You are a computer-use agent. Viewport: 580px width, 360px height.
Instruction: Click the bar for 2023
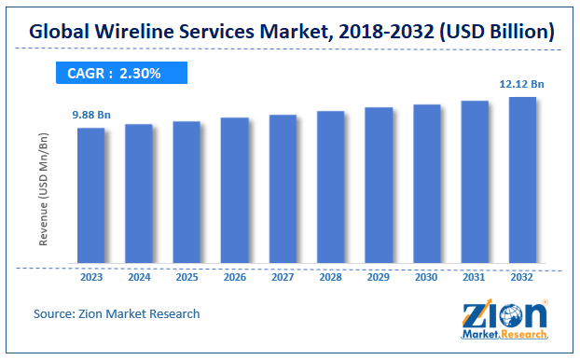pyautogui.click(x=90, y=196)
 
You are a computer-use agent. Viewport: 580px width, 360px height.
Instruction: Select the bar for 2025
pyautogui.click(x=186, y=193)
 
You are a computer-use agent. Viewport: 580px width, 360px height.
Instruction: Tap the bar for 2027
pyautogui.click(x=283, y=189)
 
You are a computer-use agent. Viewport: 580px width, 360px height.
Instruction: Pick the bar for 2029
pyautogui.click(x=379, y=186)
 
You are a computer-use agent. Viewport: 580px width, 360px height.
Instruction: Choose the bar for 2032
pyautogui.click(x=522, y=181)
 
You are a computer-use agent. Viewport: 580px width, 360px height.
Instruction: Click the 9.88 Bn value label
pyautogui.click(x=90, y=115)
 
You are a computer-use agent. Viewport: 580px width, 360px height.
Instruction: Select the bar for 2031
pyautogui.click(x=475, y=183)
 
